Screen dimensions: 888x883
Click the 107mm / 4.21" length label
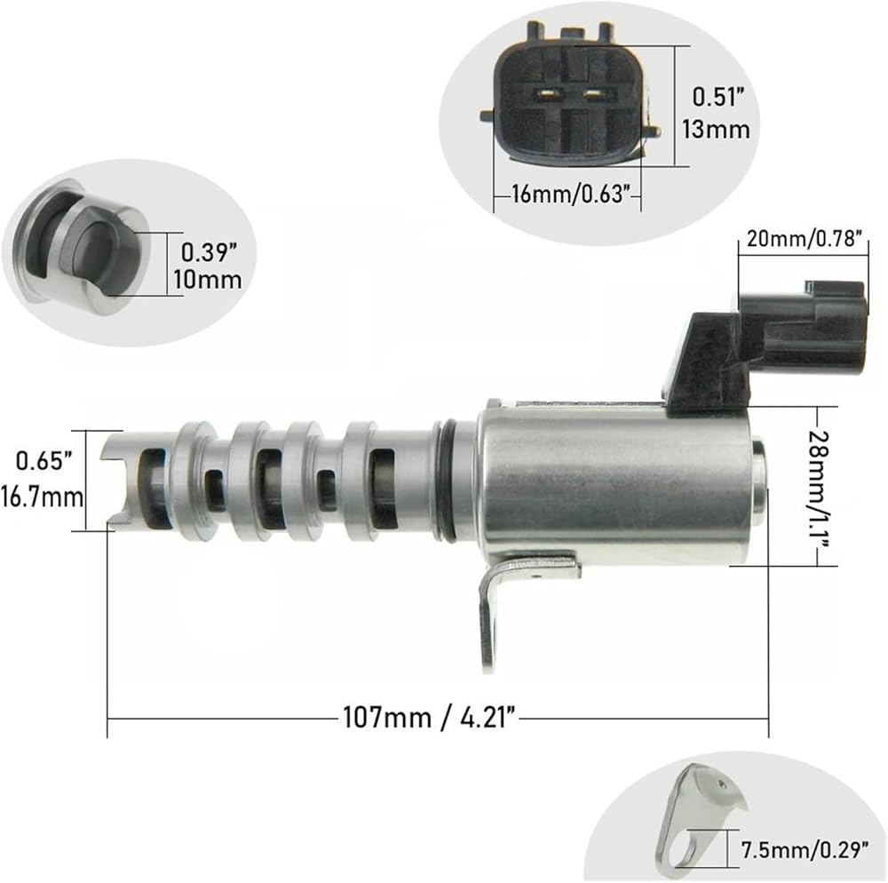[430, 718]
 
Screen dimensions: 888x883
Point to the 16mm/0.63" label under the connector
[571, 195]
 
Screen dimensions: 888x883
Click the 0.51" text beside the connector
[718, 97]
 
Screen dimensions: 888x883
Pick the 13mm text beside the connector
[716, 129]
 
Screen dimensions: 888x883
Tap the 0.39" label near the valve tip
[209, 252]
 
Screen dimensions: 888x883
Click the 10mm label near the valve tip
[207, 280]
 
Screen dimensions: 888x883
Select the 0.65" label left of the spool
[44, 460]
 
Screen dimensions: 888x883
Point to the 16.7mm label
[43, 497]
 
